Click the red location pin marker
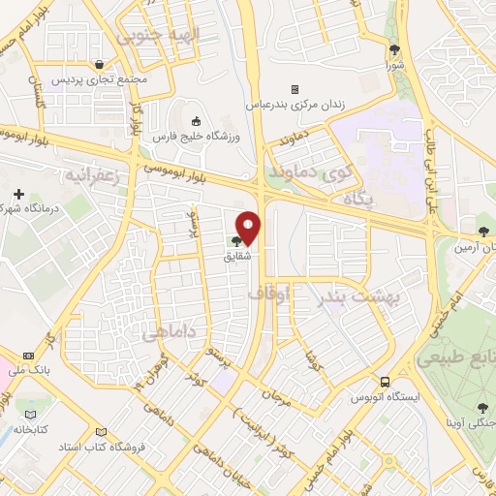(x=249, y=227)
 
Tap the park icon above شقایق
(x=237, y=241)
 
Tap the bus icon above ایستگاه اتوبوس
(x=386, y=382)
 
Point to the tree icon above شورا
(x=394, y=50)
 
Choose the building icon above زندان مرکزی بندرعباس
(x=294, y=88)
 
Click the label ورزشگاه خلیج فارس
(x=204, y=137)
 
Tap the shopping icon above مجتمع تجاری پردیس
(x=100, y=64)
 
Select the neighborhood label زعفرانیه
(x=95, y=174)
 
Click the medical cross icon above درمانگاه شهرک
(x=18, y=194)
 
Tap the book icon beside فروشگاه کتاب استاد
(x=99, y=433)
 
